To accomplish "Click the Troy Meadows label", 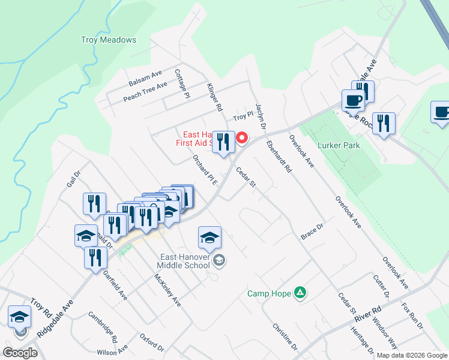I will [109, 40].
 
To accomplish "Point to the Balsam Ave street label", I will [145, 78].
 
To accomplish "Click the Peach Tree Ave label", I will [145, 92].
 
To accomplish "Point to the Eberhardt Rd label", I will [279, 157].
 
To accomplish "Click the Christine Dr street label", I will [285, 337].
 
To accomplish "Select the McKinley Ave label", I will [167, 290].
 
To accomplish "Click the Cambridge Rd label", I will [103, 326].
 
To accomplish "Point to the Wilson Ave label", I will [115, 349].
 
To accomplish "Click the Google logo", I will [20, 352].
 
